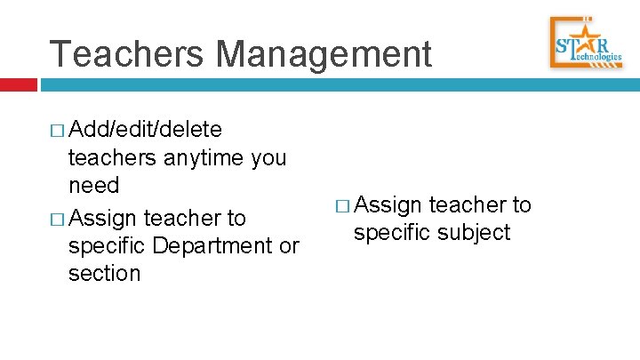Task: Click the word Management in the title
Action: point(324,54)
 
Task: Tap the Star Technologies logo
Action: point(588,42)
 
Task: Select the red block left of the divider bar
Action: point(18,84)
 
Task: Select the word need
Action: point(93,186)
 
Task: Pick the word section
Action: point(104,273)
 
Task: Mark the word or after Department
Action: point(289,246)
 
